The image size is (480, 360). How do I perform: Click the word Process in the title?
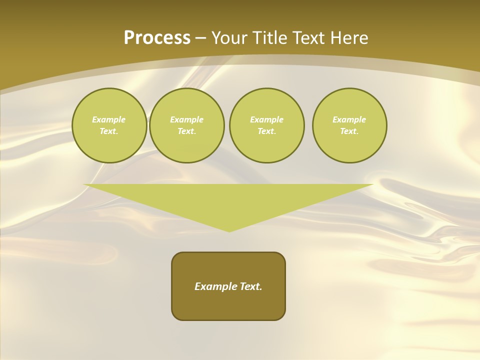(x=157, y=38)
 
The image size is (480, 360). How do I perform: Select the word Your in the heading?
(x=229, y=38)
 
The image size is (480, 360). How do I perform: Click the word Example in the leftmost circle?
(x=109, y=119)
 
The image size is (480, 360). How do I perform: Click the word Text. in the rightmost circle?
(x=349, y=131)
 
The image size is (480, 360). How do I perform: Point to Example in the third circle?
(x=266, y=119)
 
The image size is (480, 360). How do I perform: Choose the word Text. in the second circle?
(x=187, y=131)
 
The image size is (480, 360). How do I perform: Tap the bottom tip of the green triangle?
(x=229, y=230)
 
